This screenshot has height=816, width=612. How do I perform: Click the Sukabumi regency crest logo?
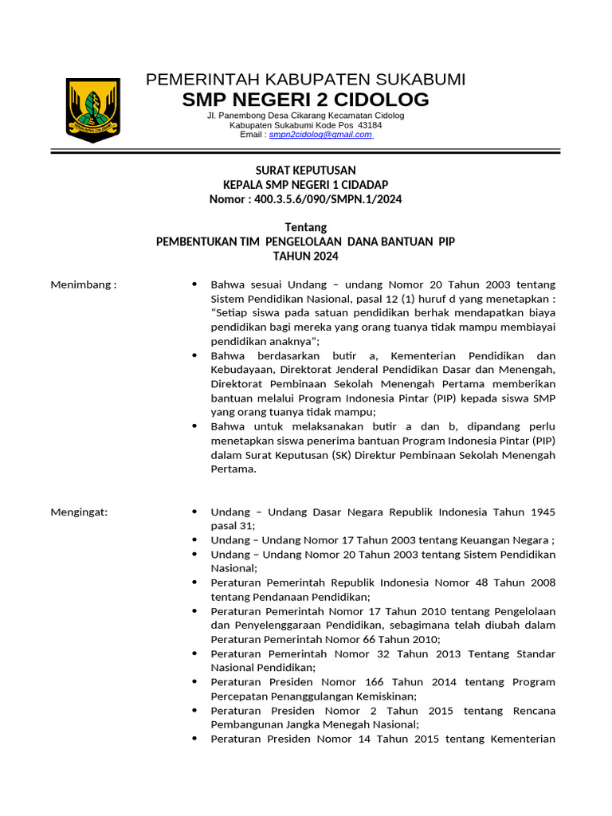[x=92, y=110]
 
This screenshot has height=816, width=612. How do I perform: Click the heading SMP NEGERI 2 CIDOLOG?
[x=305, y=100]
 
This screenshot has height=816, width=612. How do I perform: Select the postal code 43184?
[x=370, y=125]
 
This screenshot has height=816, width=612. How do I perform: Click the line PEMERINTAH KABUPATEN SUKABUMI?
[x=306, y=79]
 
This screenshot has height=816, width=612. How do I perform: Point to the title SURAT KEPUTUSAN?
[x=305, y=171]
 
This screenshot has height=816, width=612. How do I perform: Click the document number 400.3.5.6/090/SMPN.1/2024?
[x=328, y=199]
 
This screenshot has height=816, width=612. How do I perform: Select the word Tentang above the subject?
[x=306, y=228]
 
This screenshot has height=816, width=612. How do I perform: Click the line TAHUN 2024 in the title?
[x=306, y=256]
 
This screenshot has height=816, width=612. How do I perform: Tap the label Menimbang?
[x=83, y=284]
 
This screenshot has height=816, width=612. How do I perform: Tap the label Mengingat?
[x=80, y=512]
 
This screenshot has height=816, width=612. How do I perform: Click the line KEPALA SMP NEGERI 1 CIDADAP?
[x=305, y=185]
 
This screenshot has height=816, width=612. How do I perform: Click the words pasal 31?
[x=233, y=526]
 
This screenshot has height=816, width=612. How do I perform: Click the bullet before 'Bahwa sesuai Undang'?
[x=195, y=284]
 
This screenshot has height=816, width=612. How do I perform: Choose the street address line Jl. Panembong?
[x=305, y=116]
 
